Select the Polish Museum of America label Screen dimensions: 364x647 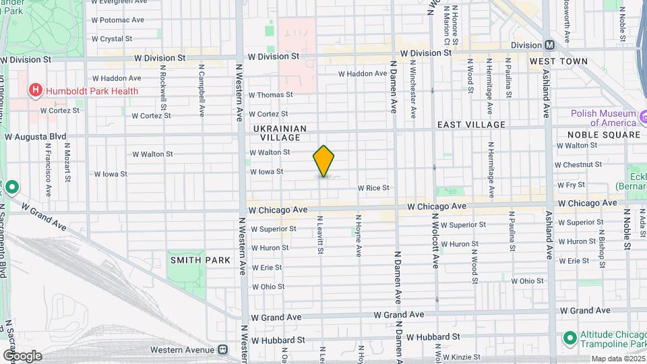point(604,117)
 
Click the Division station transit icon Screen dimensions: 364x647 point(549,45)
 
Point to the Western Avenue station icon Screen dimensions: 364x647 point(223,349)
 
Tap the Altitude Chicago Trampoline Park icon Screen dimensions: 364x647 point(569,336)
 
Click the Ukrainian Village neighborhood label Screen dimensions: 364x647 point(280,133)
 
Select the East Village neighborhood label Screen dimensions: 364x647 point(471,125)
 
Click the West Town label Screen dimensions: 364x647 point(558,61)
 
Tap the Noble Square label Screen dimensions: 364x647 point(605,135)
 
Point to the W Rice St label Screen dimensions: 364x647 point(373,188)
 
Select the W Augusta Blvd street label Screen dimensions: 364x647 point(36,136)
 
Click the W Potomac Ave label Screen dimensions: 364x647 point(118,20)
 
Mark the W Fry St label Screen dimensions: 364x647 point(569,184)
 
